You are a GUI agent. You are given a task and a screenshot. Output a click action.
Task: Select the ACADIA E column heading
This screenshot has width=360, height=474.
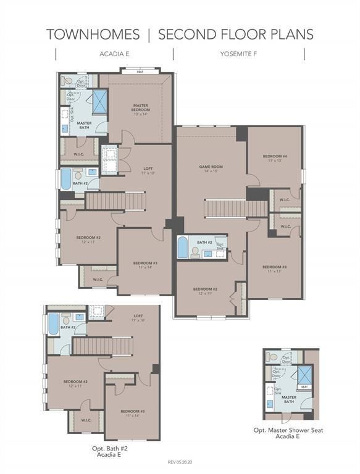pyautogui.click(x=114, y=54)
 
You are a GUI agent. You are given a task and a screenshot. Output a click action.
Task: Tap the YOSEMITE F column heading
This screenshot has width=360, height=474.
pyautogui.click(x=238, y=54)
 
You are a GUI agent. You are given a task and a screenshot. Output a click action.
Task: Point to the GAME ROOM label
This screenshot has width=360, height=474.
pyautogui.click(x=211, y=167)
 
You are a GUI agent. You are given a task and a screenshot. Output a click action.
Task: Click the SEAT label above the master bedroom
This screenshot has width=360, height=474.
pyautogui.click(x=141, y=72)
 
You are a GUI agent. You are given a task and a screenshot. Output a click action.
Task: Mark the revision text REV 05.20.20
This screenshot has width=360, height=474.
pyautogui.click(x=180, y=462)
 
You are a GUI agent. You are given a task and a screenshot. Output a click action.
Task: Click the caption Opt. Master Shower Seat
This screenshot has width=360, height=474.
pyautogui.click(x=288, y=430)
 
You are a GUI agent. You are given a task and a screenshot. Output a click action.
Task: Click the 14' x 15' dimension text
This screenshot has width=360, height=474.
pyautogui.click(x=211, y=171)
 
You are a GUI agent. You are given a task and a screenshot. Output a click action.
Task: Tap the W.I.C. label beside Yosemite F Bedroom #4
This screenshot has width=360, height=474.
pyautogui.click(x=284, y=199)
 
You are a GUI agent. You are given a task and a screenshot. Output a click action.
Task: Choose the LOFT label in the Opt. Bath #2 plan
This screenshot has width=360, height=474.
pyautogui.click(x=138, y=316)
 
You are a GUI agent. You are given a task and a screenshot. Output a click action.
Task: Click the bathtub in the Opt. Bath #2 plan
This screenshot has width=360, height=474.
pyautogui.click(x=53, y=324)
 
